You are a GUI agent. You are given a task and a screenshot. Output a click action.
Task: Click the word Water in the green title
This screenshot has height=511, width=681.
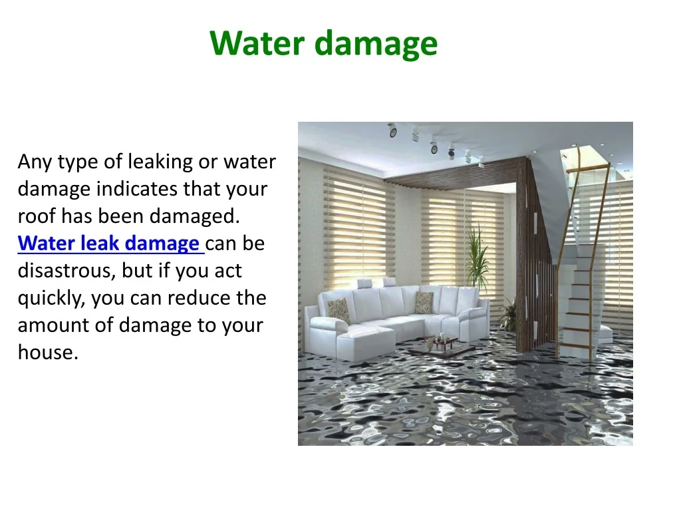click(x=257, y=43)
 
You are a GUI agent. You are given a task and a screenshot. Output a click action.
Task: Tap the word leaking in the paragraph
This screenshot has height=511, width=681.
click(x=161, y=162)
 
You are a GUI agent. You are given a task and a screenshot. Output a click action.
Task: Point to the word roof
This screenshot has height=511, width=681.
click(x=37, y=216)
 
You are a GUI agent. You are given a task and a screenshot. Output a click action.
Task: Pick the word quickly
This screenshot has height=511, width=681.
click(x=51, y=299)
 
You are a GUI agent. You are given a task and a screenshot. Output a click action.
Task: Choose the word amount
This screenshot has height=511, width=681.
click(x=53, y=325)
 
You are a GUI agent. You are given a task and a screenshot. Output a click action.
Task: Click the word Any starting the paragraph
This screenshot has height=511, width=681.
click(x=35, y=162)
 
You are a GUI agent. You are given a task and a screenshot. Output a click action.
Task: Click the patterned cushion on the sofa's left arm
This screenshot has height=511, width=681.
click(x=339, y=310)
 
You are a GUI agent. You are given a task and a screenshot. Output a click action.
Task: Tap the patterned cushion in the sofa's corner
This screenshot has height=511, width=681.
click(x=424, y=303)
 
